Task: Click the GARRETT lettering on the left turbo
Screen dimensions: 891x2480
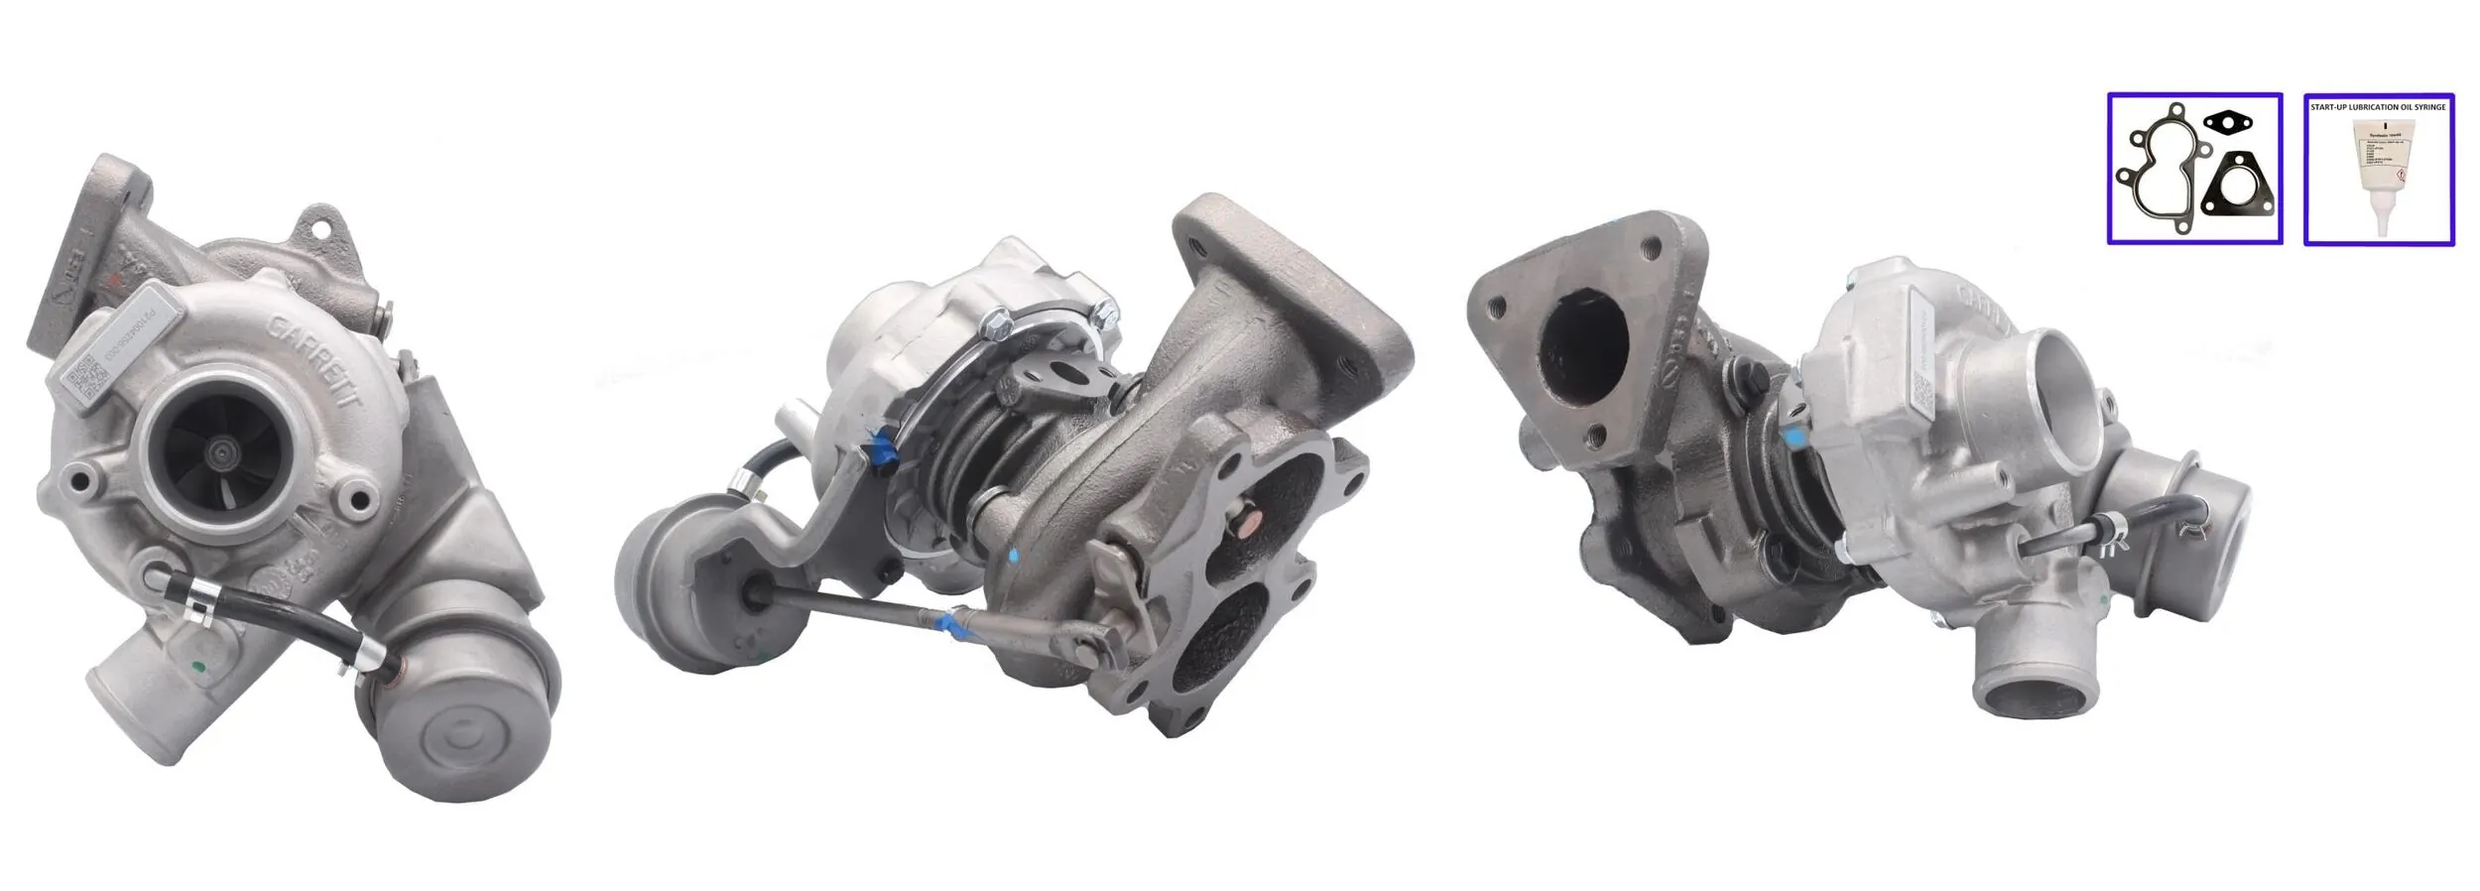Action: tap(316, 362)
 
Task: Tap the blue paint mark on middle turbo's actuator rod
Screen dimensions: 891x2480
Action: tap(950, 624)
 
